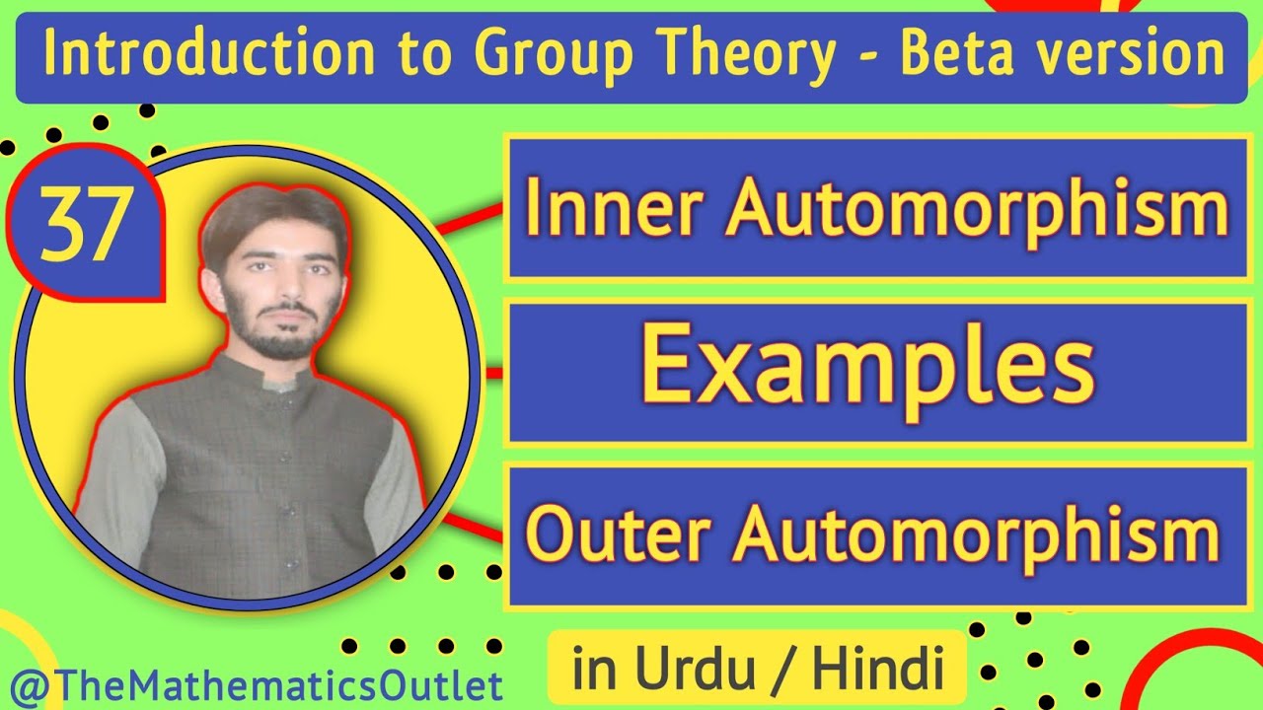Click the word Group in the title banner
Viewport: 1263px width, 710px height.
[525, 55]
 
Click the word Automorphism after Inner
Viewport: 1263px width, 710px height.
[978, 209]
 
